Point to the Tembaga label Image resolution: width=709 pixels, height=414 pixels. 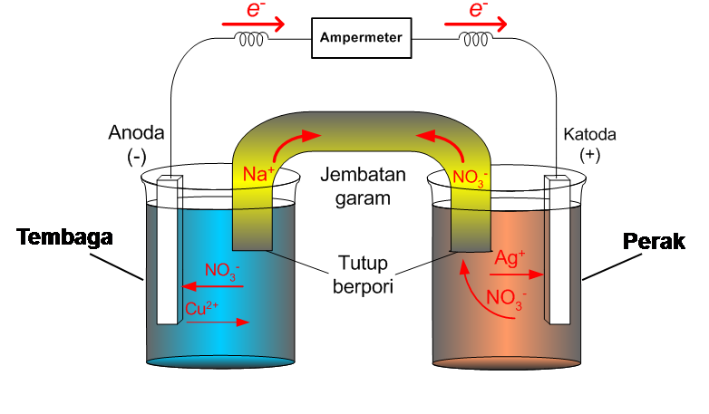pos(64,238)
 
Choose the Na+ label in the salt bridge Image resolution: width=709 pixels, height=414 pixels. pos(258,172)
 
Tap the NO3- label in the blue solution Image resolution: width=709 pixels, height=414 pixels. pos(223,269)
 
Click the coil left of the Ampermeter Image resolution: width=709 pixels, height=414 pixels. pos(251,39)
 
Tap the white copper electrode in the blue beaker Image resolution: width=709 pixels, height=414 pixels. pos(166,249)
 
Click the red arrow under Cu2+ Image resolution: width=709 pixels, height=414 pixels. pos(218,323)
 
